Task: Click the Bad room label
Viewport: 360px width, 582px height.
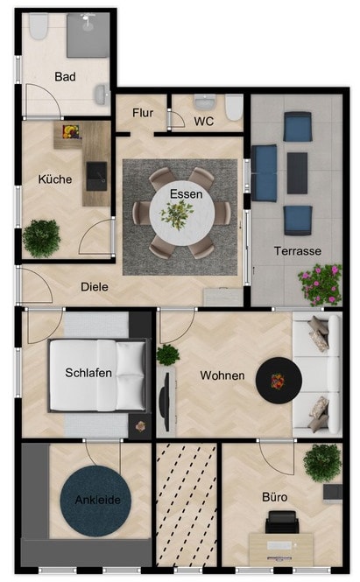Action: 65,77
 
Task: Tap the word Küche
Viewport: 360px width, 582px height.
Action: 55,179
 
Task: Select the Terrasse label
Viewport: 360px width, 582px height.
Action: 298,251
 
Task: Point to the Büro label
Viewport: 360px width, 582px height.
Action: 274,497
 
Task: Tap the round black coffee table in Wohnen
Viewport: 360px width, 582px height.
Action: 279,381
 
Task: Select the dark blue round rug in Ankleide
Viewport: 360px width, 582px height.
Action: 95,501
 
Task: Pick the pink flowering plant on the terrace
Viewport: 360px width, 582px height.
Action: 320,284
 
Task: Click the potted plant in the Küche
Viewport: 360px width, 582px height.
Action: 41,238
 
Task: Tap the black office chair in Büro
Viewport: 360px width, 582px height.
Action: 282,522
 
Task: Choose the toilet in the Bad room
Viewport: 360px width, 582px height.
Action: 39,26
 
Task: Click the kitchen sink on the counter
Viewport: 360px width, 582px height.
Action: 96,176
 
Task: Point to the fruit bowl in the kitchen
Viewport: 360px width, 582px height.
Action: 71,132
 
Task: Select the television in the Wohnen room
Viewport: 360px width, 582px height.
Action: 165,401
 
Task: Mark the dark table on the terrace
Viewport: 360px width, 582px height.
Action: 297,173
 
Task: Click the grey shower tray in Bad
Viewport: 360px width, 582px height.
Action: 88,35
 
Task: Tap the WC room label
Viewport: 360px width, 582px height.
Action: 203,121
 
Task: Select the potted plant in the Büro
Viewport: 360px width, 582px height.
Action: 322,462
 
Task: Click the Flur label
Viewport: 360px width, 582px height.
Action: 143,113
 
